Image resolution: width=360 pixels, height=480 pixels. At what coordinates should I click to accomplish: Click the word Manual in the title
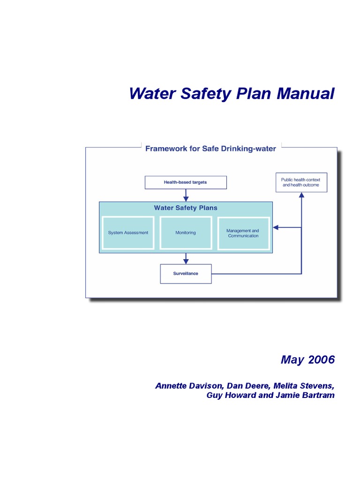pos(305,93)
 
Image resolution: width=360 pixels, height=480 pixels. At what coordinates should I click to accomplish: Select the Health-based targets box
pos(186,182)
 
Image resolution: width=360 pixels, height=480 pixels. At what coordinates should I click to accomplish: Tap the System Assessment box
pos(128,232)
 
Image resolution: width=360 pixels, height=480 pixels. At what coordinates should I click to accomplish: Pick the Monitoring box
pos(186,232)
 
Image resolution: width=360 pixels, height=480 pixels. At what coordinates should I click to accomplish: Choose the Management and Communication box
pos(243,233)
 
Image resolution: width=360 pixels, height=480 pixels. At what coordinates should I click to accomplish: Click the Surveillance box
pos(186,274)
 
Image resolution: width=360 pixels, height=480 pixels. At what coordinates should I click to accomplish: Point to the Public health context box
pos(301,182)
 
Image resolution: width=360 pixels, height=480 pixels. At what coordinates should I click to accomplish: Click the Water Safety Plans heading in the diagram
pos(186,208)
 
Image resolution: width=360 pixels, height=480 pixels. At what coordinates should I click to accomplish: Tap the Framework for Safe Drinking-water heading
pos(210,149)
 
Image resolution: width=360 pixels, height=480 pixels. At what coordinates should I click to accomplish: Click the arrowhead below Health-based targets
pos(186,199)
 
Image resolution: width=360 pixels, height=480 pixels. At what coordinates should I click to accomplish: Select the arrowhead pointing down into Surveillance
pos(186,261)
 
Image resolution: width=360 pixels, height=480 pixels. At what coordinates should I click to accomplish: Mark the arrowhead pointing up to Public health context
pos(301,195)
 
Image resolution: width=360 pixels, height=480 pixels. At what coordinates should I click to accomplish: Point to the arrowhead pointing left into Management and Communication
pos(276,227)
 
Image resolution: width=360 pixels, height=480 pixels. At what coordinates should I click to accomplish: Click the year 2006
pos(322,360)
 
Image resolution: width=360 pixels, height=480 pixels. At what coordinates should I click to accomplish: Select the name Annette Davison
pos(189,386)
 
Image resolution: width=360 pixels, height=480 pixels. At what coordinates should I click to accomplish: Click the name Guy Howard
pos(227,395)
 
